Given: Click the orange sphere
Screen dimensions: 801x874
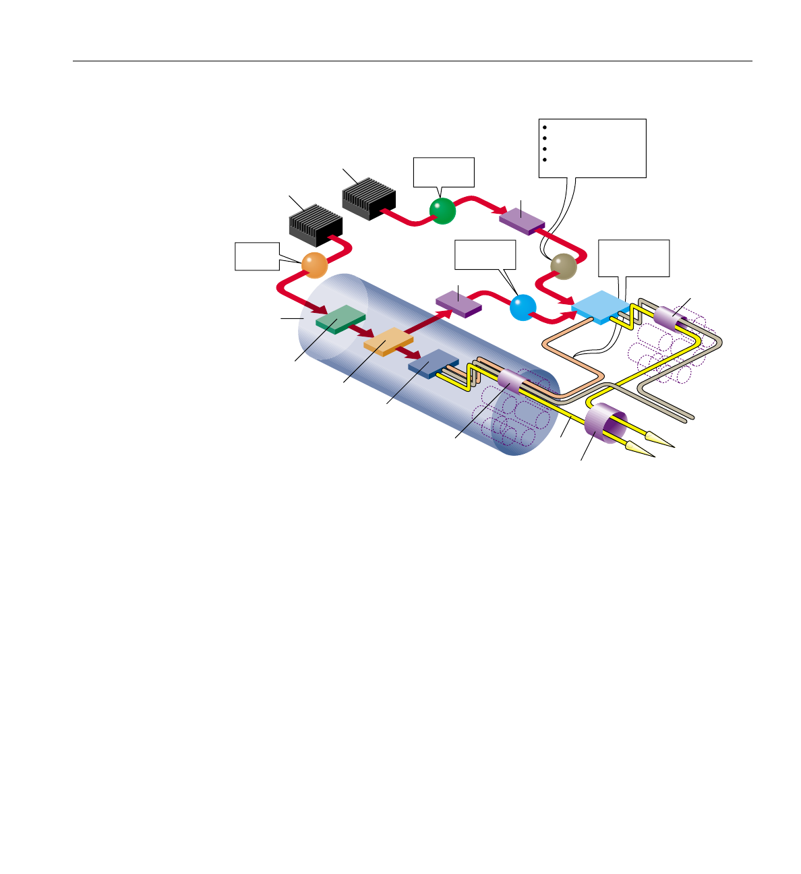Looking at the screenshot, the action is (x=314, y=264).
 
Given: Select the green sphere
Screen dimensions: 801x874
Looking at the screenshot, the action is (x=443, y=211).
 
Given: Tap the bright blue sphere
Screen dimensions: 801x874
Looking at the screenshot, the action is (x=523, y=308).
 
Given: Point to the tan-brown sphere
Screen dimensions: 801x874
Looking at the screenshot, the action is (x=564, y=266).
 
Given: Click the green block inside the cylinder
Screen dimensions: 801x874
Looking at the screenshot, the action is (x=340, y=319).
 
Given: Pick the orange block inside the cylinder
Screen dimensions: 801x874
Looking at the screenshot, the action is (x=388, y=341).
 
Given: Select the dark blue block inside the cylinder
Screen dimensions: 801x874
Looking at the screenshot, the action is (x=433, y=364).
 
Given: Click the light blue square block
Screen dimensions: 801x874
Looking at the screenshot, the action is (x=599, y=307).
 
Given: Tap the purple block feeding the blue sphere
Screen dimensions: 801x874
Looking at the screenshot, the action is (x=458, y=303).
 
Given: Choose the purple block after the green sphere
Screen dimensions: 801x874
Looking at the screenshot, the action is (x=522, y=218).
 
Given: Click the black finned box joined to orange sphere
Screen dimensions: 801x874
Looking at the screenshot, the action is (x=316, y=225).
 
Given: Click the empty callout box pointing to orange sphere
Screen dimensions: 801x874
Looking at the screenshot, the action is (x=257, y=256).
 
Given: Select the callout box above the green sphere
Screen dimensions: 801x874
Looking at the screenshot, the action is (x=444, y=172).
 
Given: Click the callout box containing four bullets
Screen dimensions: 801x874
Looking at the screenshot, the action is (x=593, y=148).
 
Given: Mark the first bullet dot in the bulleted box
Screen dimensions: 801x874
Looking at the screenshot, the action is (x=545, y=126).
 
